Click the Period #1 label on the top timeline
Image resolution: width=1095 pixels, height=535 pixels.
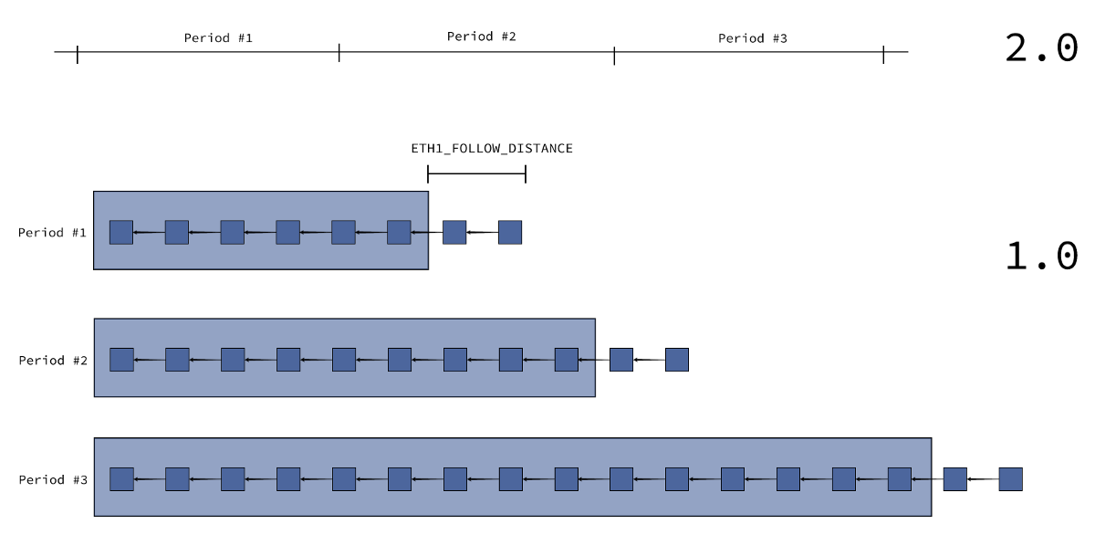218,38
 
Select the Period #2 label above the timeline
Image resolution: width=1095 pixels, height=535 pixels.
482,37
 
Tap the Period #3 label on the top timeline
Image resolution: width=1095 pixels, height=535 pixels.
752,38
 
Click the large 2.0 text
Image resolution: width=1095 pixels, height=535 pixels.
1041,47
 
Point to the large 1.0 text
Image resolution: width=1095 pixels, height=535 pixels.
1041,256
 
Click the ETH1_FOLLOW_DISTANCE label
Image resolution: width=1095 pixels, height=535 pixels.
492,149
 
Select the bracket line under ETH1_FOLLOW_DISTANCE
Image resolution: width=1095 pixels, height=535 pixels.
476,173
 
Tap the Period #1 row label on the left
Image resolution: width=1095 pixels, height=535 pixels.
52,233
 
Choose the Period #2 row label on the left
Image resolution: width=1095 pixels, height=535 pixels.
53,361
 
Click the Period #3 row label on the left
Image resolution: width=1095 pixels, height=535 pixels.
53,479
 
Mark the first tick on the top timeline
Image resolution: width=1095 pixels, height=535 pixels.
78,54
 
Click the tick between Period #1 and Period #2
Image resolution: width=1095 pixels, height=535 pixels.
339,52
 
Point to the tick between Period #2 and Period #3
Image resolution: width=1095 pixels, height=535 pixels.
614,56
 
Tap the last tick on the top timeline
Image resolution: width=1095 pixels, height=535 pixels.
883,54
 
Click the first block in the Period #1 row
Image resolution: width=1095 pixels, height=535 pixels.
121,232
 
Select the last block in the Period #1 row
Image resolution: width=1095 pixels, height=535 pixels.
510,232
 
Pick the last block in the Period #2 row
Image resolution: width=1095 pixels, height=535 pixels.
677,360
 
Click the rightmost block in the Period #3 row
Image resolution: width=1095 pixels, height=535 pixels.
1010,479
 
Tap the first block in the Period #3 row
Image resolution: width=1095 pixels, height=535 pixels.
121,479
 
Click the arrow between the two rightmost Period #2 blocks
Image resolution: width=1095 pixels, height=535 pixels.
649,360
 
